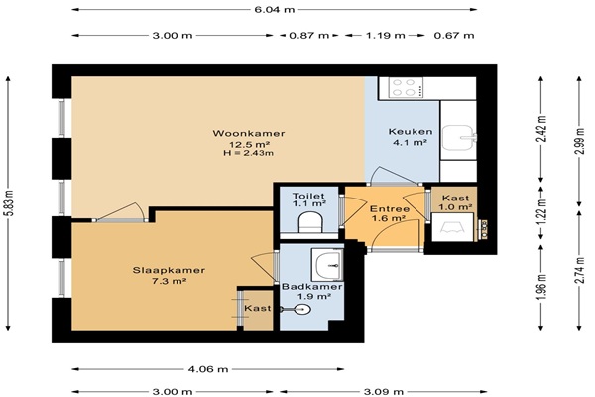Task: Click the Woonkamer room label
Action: (249, 133)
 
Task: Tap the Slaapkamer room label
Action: (169, 270)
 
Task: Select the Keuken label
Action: (411, 132)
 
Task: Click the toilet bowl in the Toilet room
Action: (310, 222)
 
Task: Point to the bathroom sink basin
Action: (328, 264)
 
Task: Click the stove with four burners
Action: (403, 87)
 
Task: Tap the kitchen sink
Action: (459, 138)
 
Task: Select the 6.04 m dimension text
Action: (275, 10)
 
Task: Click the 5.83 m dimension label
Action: (10, 203)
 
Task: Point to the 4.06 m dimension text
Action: (208, 369)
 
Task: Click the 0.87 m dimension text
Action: (308, 36)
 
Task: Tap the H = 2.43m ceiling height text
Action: (249, 154)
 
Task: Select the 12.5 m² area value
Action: (249, 144)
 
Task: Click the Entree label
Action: (390, 209)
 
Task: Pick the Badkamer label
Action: (312, 287)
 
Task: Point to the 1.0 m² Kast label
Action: (455, 207)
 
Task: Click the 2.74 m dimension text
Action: (579, 270)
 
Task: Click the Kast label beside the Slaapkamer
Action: (258, 308)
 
